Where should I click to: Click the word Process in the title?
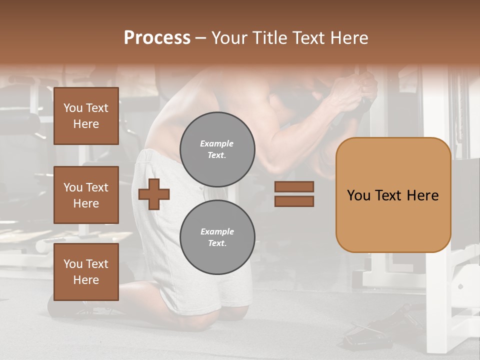point(157,38)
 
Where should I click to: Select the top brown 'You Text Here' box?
point(86,116)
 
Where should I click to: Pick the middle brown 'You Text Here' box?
point(86,195)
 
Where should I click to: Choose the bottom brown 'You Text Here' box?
point(86,272)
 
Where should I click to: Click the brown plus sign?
point(153,193)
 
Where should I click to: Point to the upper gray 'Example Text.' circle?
point(217,149)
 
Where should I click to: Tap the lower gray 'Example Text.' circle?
point(217,237)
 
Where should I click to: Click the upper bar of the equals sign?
point(294,186)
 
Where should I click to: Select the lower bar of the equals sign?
point(294,201)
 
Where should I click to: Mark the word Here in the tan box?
point(422,195)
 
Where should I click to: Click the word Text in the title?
point(308,38)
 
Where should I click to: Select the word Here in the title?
point(349,38)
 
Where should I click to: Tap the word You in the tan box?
point(358,195)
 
